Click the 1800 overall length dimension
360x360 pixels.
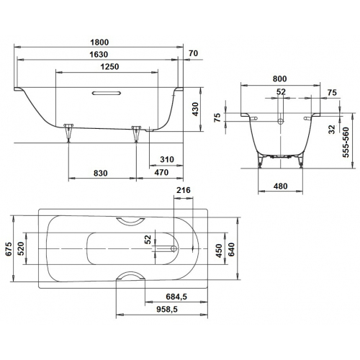coord(99,42)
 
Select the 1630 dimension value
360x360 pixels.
coord(99,55)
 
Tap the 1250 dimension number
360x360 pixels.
coord(109,66)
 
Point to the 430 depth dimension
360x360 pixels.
coord(195,109)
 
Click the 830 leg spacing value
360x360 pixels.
coord(100,173)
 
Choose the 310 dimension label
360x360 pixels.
coord(167,159)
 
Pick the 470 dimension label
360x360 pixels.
coord(161,172)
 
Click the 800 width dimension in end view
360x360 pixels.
coord(279,78)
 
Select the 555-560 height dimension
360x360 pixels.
coord(346,142)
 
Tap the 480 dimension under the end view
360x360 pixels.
coord(280,186)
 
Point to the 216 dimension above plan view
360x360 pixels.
coord(184,190)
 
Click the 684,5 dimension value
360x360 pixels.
coord(176,297)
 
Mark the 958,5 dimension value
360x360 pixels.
coord(167,310)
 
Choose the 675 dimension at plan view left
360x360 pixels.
coord(9,249)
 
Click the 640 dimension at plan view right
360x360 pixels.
coord(231,250)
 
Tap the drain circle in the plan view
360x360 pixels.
coord(174,248)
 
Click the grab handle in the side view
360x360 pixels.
coord(107,93)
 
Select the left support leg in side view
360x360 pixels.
coord(68,132)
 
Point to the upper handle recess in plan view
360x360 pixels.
coord(130,222)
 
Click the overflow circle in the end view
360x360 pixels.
coord(280,122)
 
